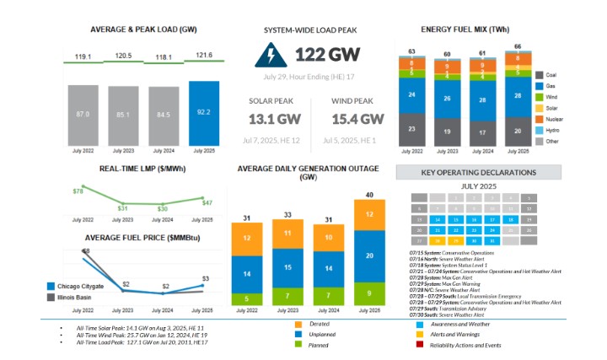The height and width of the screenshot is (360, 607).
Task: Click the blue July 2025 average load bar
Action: (204, 114)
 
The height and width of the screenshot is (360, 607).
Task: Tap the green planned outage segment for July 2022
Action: (246, 298)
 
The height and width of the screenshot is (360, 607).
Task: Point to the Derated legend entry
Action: (319, 323)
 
